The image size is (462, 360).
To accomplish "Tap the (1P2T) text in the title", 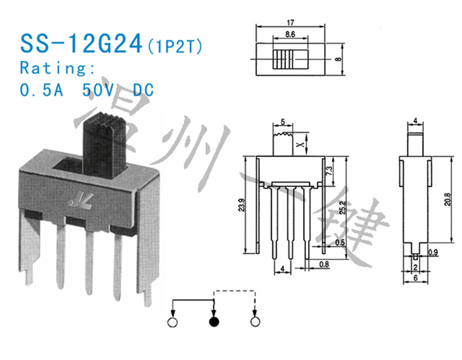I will (x=174, y=46).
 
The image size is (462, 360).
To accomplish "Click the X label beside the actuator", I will (x=300, y=145).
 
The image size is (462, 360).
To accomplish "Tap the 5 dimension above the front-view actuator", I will (x=282, y=121).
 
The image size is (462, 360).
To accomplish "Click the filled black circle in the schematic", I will (x=214, y=322).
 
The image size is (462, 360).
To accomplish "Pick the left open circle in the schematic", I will (x=173, y=322).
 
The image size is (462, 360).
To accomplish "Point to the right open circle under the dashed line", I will (x=255, y=322).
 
